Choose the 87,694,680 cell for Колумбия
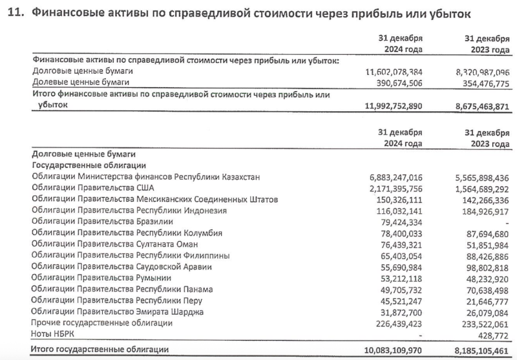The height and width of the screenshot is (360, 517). tap(482, 233)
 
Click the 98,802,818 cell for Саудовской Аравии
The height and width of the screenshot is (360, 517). tap(482, 267)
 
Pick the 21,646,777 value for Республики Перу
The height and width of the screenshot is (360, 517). tap(482, 301)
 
